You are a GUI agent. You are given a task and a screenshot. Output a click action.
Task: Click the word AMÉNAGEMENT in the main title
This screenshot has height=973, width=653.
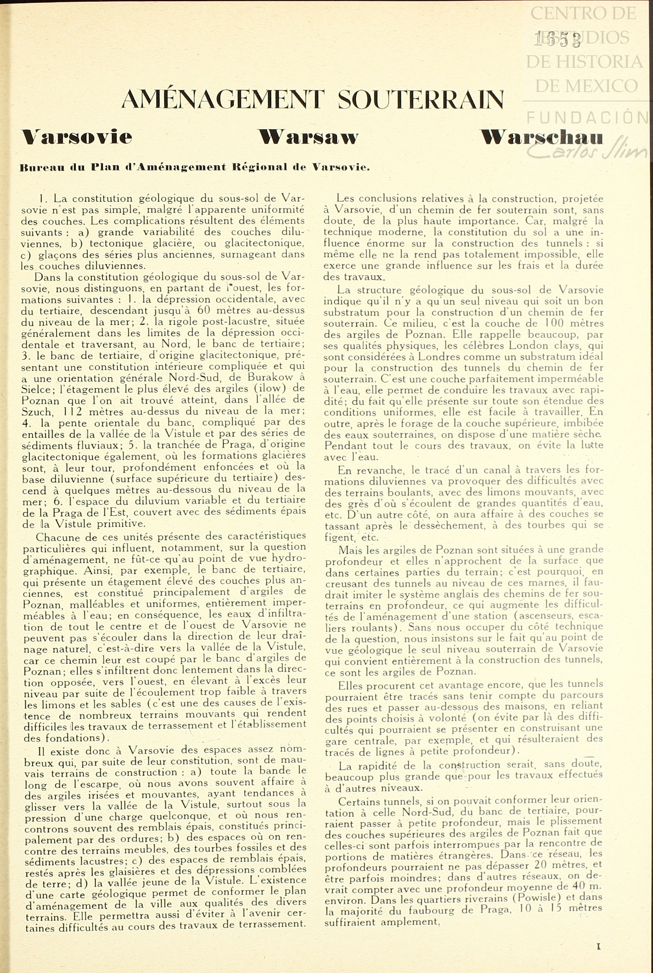pos(222,100)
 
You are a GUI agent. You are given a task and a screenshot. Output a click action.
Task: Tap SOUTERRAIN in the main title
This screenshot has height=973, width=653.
pos(420,100)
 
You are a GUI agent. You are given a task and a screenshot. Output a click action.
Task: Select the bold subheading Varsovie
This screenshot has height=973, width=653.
pos(77,137)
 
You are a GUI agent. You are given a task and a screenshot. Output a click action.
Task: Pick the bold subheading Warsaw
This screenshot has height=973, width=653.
pos(308,137)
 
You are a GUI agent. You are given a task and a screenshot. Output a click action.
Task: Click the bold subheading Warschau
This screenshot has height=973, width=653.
pos(541,137)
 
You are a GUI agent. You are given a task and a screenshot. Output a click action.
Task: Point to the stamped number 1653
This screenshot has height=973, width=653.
pos(558,40)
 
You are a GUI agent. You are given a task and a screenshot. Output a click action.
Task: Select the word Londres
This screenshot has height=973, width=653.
pos(441,357)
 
